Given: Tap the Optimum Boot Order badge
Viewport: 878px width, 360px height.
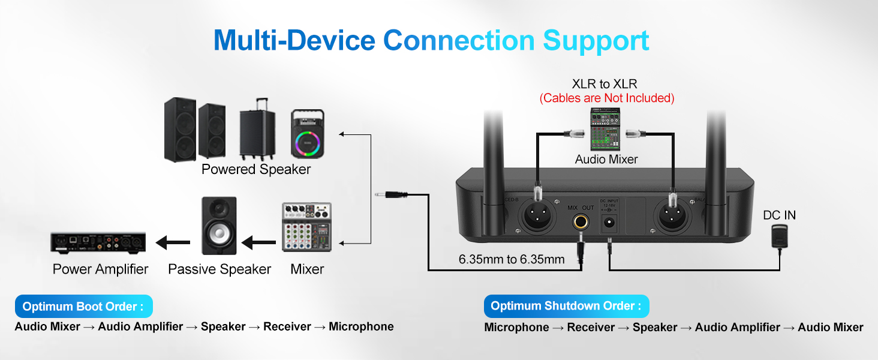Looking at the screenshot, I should tap(83, 307).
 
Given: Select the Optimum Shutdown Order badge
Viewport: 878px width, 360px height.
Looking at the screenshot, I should tap(566, 306).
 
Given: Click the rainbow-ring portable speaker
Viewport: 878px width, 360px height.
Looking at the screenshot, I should tap(307, 133).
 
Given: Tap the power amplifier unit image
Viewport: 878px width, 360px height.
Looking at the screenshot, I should tap(98, 242).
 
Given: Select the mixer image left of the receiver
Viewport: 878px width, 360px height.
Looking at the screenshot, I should tap(306, 227).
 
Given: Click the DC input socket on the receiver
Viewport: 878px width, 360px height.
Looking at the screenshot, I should tap(610, 224).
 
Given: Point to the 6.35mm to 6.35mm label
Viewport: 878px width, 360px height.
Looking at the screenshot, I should tap(512, 260).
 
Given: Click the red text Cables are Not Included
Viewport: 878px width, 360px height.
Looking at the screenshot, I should tap(607, 98).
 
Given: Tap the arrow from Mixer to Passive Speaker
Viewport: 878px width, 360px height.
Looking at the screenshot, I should tap(258, 244).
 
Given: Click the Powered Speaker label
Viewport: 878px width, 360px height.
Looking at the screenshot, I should tap(256, 170).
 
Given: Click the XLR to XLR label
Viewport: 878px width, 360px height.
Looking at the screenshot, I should tap(605, 84).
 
